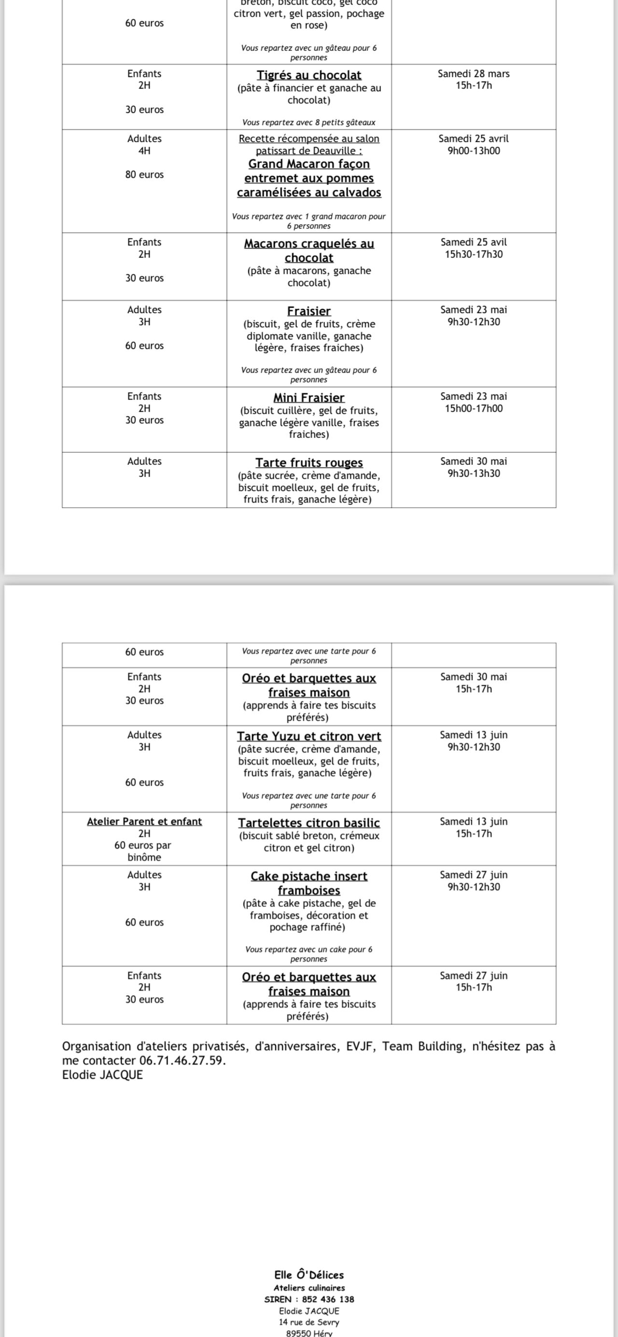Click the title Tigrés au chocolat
(309, 75)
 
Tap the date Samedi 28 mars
(474, 74)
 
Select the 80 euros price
(144, 174)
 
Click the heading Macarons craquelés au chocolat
(309, 250)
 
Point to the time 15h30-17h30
(474, 254)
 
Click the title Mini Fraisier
(309, 398)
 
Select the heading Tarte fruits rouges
(309, 462)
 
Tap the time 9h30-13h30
(474, 474)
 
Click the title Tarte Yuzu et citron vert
(309, 736)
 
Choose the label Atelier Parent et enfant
(144, 821)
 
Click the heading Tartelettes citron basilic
(309, 822)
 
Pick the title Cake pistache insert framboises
(309, 883)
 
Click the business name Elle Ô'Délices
(309, 1275)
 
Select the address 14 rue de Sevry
(309, 1322)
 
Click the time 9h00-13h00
(474, 151)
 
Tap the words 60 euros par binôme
(143, 851)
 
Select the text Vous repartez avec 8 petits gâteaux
(309, 123)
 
